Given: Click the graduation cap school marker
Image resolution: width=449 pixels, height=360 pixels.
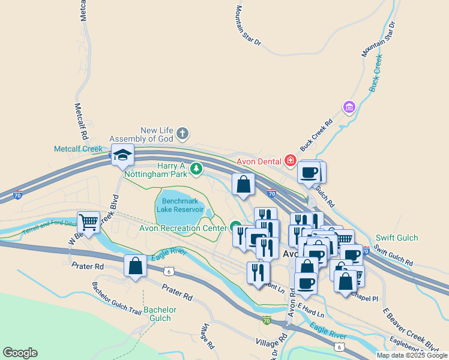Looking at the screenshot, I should [x=122, y=155].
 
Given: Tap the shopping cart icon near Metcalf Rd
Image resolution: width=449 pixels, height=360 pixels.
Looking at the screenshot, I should [x=89, y=223].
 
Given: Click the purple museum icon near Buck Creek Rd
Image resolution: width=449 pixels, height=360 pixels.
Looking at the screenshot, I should [x=348, y=107].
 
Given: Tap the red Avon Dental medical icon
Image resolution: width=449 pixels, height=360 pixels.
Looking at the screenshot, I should [x=291, y=160].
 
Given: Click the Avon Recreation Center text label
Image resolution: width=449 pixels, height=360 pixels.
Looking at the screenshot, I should [x=182, y=228].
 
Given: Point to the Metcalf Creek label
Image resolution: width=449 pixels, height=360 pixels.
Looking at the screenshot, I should [x=79, y=148].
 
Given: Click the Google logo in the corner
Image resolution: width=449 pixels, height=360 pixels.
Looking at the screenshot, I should [x=20, y=352].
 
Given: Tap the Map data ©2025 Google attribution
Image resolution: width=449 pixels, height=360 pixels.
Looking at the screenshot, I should [x=412, y=355].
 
